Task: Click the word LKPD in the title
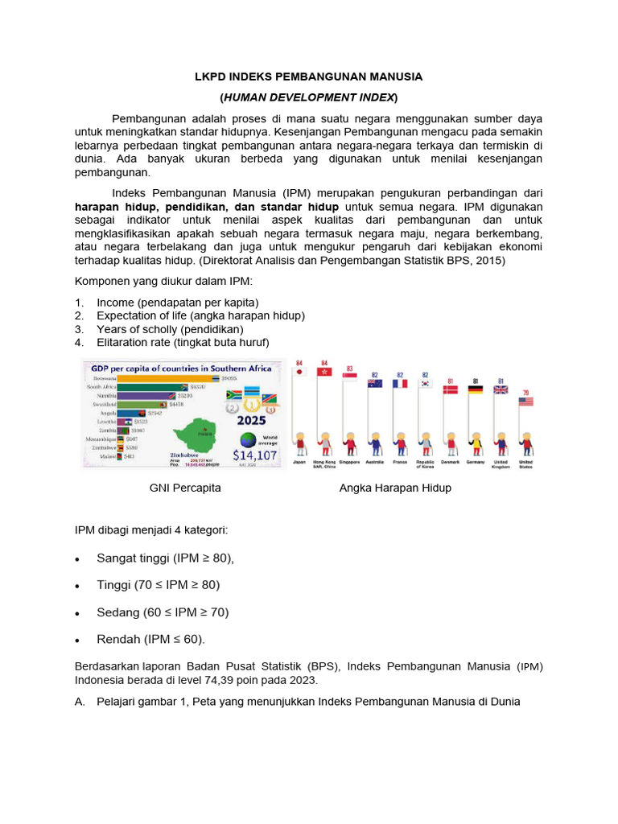pos(212,76)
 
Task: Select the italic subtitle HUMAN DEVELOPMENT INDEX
pos(309,97)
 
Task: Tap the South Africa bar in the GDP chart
pos(155,387)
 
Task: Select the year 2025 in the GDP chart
pos(250,420)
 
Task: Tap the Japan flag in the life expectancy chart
pos(300,373)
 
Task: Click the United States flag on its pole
pos(525,400)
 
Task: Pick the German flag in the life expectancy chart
pos(475,390)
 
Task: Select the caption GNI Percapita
pos(185,488)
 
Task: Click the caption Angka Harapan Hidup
pos(395,488)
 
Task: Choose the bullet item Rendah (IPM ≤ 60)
pos(150,639)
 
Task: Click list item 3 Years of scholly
pos(170,329)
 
